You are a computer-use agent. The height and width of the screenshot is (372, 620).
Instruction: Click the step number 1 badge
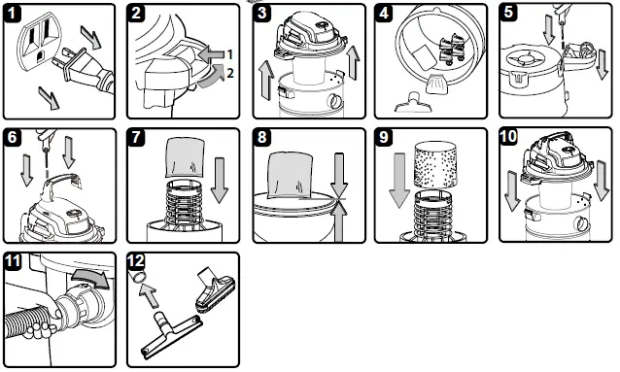pyautogui.click(x=13, y=13)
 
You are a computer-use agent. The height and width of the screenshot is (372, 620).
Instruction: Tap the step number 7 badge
pyautogui.click(x=136, y=137)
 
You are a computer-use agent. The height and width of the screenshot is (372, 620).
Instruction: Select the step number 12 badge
pyautogui.click(x=136, y=261)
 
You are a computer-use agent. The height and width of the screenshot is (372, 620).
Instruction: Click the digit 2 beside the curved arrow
pyautogui.click(x=229, y=73)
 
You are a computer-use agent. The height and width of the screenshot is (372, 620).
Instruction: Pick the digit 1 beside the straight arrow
pyautogui.click(x=229, y=54)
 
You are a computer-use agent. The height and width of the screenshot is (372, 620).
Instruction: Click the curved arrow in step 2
pyautogui.click(x=211, y=78)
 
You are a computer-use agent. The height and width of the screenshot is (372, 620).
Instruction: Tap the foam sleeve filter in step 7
pyautogui.click(x=185, y=157)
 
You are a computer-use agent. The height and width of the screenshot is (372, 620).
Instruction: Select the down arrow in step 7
pyautogui.click(x=219, y=180)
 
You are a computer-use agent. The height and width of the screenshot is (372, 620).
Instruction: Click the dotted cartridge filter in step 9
pyautogui.click(x=435, y=165)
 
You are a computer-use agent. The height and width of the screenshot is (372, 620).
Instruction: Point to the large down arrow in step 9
pyautogui.click(x=399, y=180)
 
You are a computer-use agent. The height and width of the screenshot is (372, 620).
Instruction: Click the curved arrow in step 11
pyautogui.click(x=91, y=278)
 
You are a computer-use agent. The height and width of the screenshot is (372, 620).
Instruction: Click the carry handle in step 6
pyautogui.click(x=62, y=181)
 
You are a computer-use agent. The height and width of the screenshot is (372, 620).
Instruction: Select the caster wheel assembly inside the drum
pyautogui.click(x=452, y=50)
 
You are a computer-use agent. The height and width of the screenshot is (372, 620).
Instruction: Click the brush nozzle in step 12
pyautogui.click(x=216, y=290)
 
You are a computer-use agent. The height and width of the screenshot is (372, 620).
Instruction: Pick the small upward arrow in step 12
pyautogui.click(x=149, y=295)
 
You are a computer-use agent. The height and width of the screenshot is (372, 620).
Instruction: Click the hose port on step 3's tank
pyautogui.click(x=335, y=102)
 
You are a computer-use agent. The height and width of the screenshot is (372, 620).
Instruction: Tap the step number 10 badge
pyautogui.click(x=508, y=136)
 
